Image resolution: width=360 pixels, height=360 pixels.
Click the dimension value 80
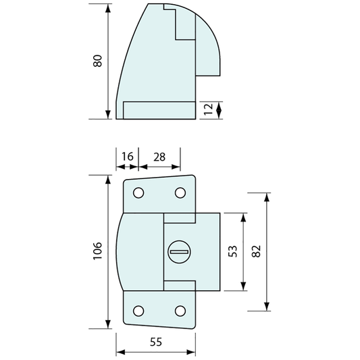tap(97, 61)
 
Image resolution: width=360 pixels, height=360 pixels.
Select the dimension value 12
tap(209, 109)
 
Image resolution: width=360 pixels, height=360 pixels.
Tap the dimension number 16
tap(127, 157)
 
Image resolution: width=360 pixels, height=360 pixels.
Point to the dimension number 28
tap(159, 157)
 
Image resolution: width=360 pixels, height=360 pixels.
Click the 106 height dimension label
tap(97, 251)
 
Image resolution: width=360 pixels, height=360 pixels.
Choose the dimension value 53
tap(232, 251)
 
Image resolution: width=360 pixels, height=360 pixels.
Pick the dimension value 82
tap(257, 251)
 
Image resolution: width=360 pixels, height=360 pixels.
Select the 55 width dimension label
tap(156, 342)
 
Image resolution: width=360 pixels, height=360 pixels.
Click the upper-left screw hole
tap(138, 193)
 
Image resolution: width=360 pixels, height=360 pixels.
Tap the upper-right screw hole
tap(180, 193)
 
